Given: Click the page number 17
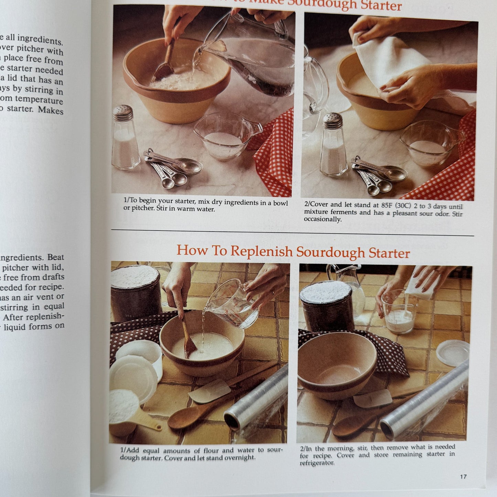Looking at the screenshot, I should [x=463, y=476].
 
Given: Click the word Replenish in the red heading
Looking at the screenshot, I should [x=261, y=251].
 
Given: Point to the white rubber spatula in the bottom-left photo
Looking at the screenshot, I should [x=210, y=391].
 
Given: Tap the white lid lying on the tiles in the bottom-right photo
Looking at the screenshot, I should [x=453, y=353].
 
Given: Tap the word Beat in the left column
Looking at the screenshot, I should [x=56, y=257].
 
